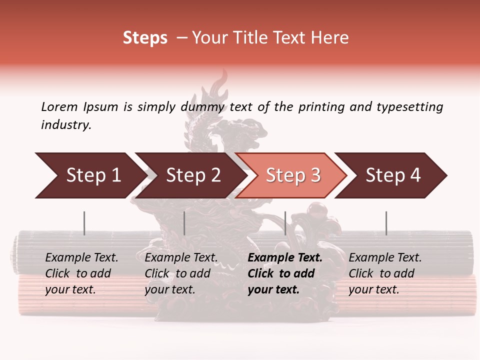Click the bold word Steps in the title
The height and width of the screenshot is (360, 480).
(x=145, y=38)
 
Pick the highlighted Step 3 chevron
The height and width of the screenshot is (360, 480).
(x=293, y=175)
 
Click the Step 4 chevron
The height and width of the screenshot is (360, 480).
(x=393, y=175)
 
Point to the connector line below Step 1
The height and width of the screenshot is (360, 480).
(x=84, y=223)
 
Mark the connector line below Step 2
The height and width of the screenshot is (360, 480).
(x=184, y=223)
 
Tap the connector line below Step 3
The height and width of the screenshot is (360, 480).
(x=285, y=223)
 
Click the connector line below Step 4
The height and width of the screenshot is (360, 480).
(x=386, y=223)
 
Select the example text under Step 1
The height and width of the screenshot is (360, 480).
(x=81, y=273)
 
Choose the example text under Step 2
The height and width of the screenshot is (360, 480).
(x=181, y=273)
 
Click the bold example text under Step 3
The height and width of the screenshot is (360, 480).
(x=285, y=273)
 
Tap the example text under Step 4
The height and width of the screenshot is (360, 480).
(x=385, y=273)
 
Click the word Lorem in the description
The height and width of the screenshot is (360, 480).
(x=59, y=107)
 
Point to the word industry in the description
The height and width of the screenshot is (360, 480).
(x=65, y=125)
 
